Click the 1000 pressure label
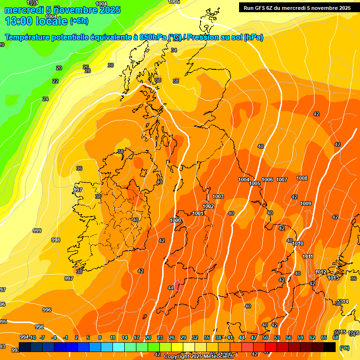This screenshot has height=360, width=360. pyautogui.click(x=175, y=220)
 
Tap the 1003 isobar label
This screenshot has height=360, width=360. pyautogui.click(x=218, y=196)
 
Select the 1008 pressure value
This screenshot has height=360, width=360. pyautogui.click(x=302, y=178)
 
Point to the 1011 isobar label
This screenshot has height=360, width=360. pyautogui.click(x=308, y=256)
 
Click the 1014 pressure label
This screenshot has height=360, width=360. pyautogui.click(x=343, y=301)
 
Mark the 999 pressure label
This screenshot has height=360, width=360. pyautogui.click(x=37, y=231)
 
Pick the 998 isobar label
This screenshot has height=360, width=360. pyautogui.click(x=56, y=240)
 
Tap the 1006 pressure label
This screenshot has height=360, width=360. pyautogui.click(x=267, y=180)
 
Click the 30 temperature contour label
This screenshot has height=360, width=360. pyautogui.click(x=111, y=65)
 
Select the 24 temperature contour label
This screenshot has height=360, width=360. pyautogui.click(x=45, y=99)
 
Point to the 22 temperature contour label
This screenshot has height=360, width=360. pyautogui.click(x=55, y=81)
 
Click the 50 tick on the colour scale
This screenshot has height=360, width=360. pyautogui.click(x=265, y=337)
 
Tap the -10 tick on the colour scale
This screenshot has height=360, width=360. pyautogui.click(x=32, y=337)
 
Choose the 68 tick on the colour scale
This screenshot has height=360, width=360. pyautogui.click(x=336, y=337)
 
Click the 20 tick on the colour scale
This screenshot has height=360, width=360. pyautogui.click(x=148, y=337)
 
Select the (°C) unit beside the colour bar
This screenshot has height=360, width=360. pyautogui.click(x=345, y=348)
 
